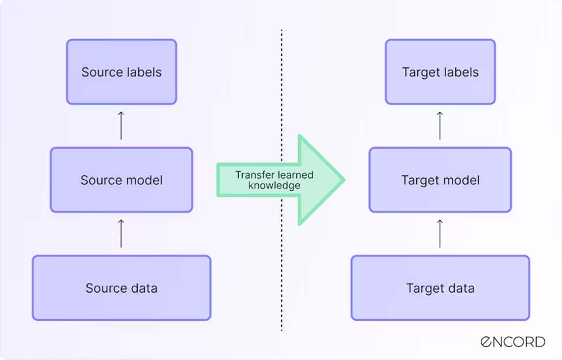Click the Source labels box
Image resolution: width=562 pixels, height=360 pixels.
[122, 72]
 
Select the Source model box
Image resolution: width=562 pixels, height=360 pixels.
[122, 180]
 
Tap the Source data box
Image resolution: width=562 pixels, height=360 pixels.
[122, 288]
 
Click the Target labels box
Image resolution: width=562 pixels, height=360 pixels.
[440, 72]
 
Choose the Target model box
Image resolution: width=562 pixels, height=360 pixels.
[440, 180]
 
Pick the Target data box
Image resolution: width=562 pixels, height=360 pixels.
[440, 288]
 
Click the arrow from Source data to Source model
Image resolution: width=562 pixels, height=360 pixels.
[121, 233]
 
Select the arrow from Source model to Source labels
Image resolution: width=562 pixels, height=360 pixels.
[121, 125]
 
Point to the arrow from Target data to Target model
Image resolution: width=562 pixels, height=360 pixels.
[440, 233]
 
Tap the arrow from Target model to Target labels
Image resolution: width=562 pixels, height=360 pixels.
[440, 125]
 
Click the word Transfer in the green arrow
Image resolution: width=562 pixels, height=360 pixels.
[252, 175]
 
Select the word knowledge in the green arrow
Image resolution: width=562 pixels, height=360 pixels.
[274, 185]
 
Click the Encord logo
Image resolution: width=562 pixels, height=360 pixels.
[512, 342]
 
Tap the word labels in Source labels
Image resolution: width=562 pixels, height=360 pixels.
[144, 72]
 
